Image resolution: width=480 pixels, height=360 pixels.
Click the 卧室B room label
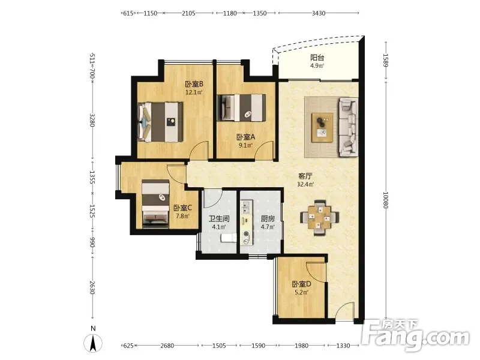(194, 84)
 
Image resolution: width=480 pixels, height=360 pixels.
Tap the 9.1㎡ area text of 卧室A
(245, 145)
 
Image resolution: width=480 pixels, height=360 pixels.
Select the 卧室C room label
(182, 208)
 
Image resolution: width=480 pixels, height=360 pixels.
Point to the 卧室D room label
(301, 284)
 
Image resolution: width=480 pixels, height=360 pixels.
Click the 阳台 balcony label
(317, 58)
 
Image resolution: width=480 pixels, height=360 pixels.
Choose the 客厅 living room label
(305, 176)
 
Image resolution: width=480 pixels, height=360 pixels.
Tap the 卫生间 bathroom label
(219, 218)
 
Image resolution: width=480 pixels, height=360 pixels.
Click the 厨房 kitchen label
(268, 218)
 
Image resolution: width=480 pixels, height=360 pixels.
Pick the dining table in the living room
(319, 217)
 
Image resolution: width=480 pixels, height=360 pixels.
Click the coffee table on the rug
(322, 127)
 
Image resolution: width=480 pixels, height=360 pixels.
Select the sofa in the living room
(348, 127)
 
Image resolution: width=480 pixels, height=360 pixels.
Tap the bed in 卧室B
(160, 122)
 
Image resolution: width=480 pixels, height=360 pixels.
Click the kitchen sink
(246, 207)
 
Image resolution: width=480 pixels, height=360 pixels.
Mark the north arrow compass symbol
(93, 343)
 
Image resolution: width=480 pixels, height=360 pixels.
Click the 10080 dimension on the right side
(385, 200)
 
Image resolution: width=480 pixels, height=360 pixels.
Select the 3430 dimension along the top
(319, 13)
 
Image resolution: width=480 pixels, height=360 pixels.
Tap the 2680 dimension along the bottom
(167, 346)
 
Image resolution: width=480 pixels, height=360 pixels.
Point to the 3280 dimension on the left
(92, 120)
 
